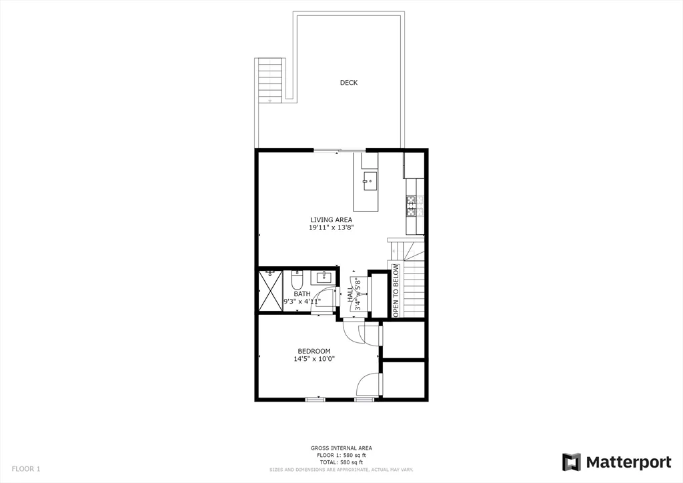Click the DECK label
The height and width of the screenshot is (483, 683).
click(x=348, y=83)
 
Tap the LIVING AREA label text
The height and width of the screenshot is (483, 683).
click(x=331, y=219)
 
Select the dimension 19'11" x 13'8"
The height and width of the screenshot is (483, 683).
click(x=331, y=227)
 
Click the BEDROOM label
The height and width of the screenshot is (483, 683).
click(x=313, y=351)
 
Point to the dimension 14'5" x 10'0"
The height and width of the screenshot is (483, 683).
click(x=313, y=359)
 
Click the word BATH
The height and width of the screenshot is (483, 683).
click(x=302, y=294)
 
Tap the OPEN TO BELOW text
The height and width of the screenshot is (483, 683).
click(x=396, y=290)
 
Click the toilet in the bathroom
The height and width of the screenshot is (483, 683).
click(x=297, y=278)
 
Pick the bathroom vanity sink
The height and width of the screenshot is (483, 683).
click(x=325, y=277)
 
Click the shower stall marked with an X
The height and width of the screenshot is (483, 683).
click(x=271, y=291)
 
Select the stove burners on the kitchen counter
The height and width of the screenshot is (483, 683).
click(x=412, y=206)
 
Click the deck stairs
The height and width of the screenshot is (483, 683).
click(x=270, y=79)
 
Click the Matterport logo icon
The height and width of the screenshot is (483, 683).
click(x=572, y=462)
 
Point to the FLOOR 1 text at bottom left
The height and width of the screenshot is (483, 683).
click(x=26, y=469)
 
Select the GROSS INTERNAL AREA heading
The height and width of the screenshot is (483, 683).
click(x=341, y=448)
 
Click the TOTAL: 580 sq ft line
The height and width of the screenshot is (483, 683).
click(x=341, y=462)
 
